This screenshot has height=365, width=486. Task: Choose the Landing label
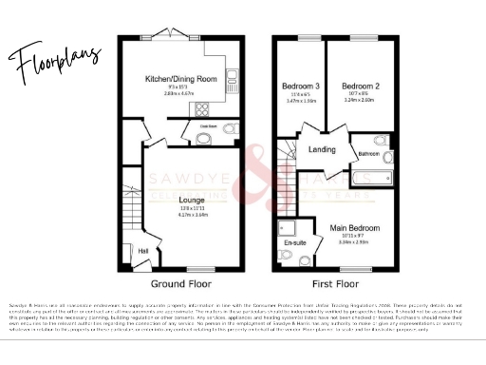(x=321, y=149)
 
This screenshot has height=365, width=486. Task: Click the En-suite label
(x=295, y=243)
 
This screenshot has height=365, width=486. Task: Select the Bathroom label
(x=369, y=152)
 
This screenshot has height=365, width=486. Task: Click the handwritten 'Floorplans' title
(x=57, y=62)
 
